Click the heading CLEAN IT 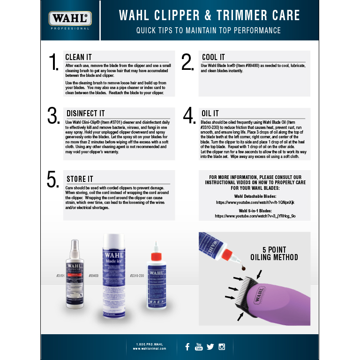(78, 58)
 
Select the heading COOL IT (213, 58)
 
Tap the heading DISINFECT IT (86, 113)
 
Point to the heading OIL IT (210, 113)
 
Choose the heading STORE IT (80, 179)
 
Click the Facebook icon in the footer (187, 347)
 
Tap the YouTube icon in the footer (199, 347)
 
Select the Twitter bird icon (210, 347)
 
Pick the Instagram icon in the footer (222, 347)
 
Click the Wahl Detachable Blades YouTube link (255, 202)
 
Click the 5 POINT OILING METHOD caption (274, 254)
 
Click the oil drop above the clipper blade (243, 268)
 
